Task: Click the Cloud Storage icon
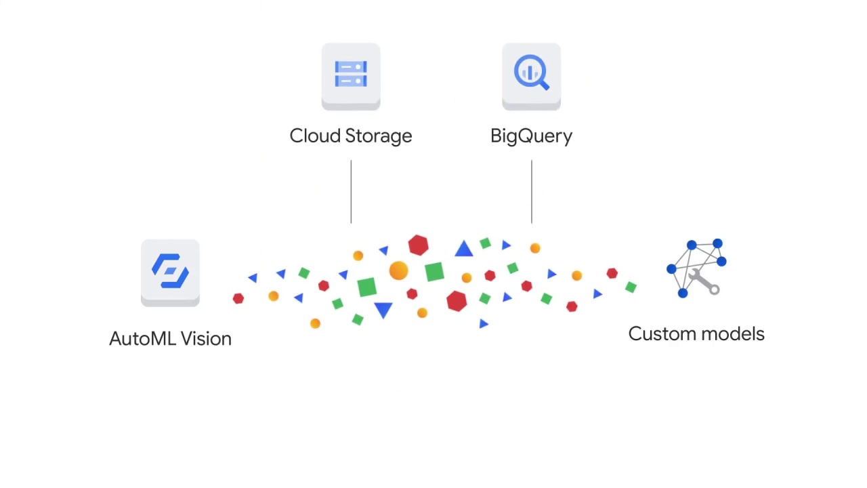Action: point(351,75)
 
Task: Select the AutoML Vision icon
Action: point(170,271)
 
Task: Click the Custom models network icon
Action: point(696,268)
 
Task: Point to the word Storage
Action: point(379,136)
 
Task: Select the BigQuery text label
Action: point(531,136)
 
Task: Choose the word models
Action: point(734,334)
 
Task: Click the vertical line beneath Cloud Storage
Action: point(351,192)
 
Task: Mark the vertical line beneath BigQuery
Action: point(532,192)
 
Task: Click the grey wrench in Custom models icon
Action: point(706,283)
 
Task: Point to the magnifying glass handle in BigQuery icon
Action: point(543,85)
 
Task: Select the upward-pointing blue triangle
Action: point(464,249)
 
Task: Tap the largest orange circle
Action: point(398,271)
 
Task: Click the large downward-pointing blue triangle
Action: point(383,310)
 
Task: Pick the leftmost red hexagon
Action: point(238,298)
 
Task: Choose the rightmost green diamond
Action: point(631,287)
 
